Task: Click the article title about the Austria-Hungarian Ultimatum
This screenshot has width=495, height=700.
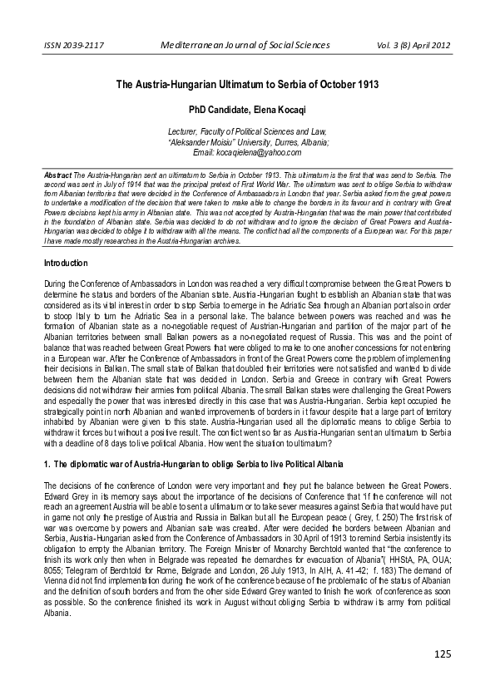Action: (x=247, y=85)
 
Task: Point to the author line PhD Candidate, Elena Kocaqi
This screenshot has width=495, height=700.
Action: (x=247, y=108)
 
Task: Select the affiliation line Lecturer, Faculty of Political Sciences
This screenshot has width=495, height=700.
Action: (x=247, y=131)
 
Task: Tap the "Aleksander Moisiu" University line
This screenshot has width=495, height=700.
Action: (x=247, y=142)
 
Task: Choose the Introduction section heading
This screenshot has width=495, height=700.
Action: (x=66, y=263)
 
